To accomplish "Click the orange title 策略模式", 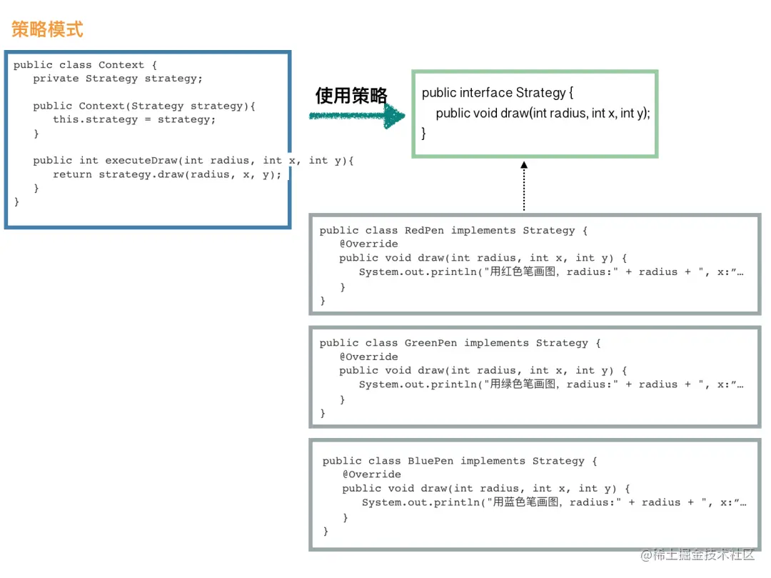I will pos(47,29).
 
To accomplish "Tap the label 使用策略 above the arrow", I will pos(351,95).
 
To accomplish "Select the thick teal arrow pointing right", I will pos(357,116).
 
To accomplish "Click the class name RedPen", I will pos(424,231).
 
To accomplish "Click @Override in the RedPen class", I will pos(368,244).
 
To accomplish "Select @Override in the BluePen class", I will pos(371,474).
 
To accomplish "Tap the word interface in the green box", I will pos(486,93).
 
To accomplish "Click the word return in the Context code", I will pos(72,174).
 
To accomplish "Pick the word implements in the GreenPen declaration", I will pos(496,343).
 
